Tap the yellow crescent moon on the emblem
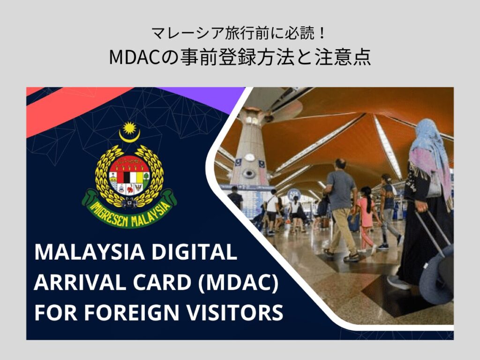click(x=129, y=136)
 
